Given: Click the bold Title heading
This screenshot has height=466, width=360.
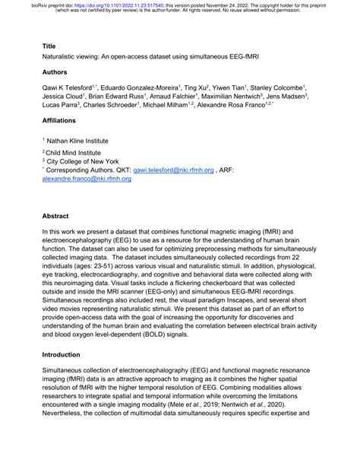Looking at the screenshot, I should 49,46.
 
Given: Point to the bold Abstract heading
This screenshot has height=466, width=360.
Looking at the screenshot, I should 56,215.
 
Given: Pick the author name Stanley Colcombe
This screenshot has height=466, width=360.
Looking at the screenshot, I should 278,88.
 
